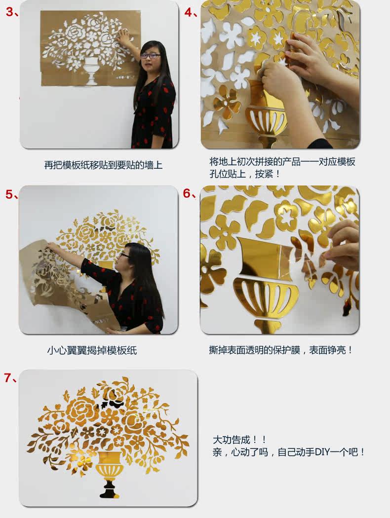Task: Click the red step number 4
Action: point(189,12)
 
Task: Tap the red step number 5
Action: point(9,194)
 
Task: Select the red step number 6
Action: point(187,193)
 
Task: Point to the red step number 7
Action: point(8,377)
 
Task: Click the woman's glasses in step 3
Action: point(151,56)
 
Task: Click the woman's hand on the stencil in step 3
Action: point(125,37)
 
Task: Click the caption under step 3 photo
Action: point(104,165)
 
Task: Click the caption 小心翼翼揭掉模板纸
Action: point(92,350)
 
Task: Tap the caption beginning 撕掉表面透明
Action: point(280,350)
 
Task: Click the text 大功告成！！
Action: point(239,440)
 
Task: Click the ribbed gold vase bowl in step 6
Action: point(266,297)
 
